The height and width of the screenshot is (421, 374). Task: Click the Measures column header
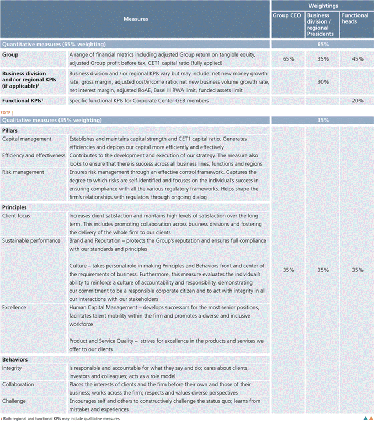click(x=135, y=19)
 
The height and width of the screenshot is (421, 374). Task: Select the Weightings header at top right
click(x=322, y=5)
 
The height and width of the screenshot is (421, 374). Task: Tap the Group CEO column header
click(x=287, y=15)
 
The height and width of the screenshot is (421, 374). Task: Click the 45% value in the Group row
click(x=356, y=59)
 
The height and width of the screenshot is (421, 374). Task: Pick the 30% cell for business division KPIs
click(x=323, y=81)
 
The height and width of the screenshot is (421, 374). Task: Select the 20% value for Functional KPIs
click(x=356, y=100)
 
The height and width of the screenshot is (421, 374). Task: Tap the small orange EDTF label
click(x=7, y=112)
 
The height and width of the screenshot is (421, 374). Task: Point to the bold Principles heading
click(x=15, y=207)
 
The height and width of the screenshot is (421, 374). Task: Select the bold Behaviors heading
click(x=15, y=359)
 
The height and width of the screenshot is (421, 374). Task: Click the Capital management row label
click(x=27, y=139)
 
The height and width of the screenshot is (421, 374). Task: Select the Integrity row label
click(x=12, y=368)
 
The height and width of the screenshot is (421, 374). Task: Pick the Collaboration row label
click(x=18, y=384)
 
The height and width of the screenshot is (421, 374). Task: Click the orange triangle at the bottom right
click(x=370, y=417)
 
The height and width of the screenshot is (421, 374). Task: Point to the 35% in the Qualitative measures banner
click(x=323, y=120)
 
